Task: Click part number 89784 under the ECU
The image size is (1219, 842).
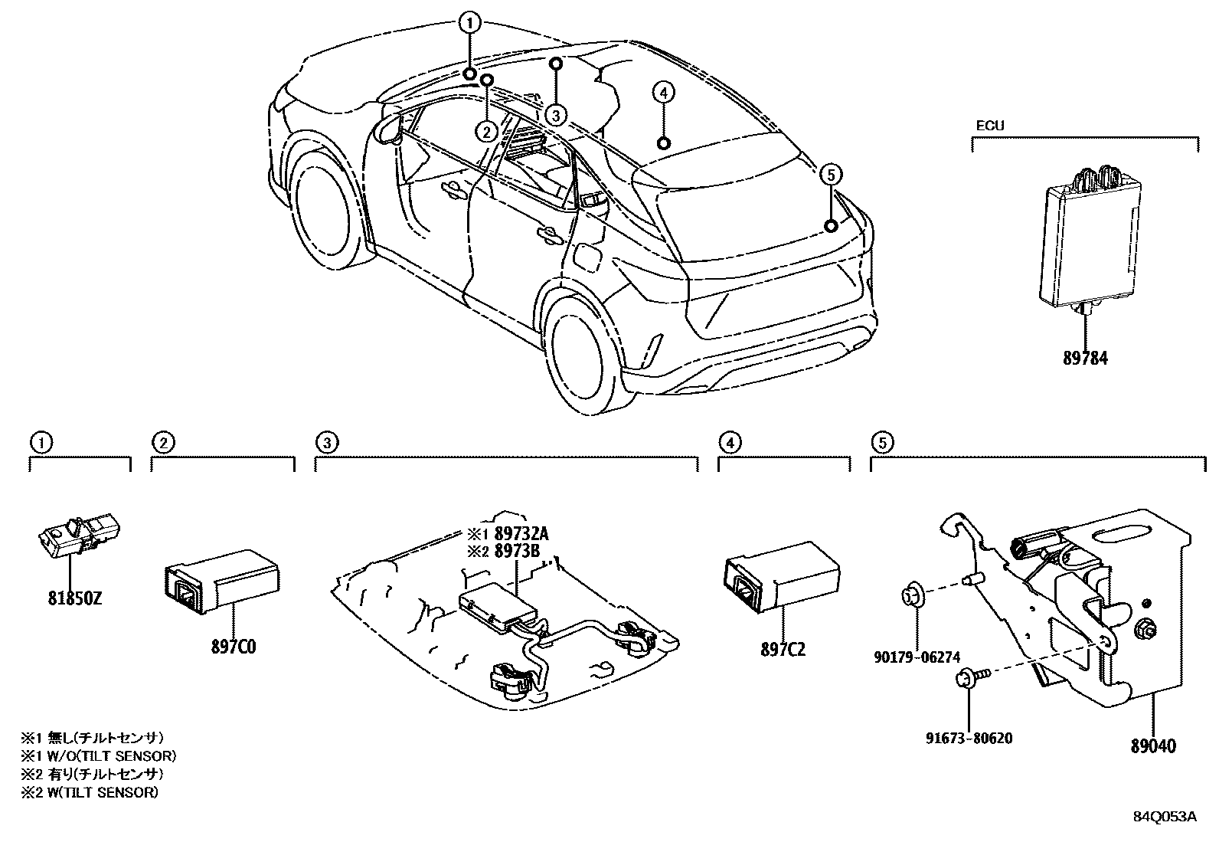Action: click(1085, 358)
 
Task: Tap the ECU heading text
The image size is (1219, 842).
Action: click(989, 126)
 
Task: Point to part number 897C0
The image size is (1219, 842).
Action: click(234, 647)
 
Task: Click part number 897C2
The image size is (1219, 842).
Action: click(783, 650)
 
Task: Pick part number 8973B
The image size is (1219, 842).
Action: click(518, 550)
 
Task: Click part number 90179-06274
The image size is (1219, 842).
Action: click(917, 657)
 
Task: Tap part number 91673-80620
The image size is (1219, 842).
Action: click(969, 739)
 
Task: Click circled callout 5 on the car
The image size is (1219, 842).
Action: click(831, 175)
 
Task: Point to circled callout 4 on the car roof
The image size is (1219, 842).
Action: click(663, 93)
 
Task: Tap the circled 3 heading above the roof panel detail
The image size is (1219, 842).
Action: click(325, 442)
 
